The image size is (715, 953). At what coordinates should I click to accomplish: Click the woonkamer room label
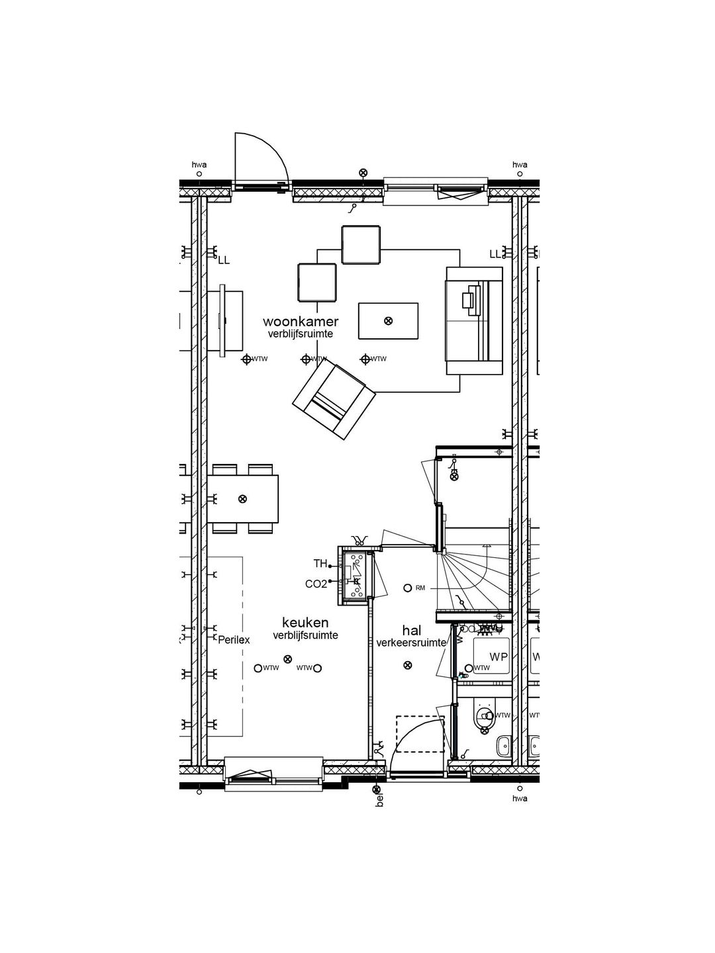301,322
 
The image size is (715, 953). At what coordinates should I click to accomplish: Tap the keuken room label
305,623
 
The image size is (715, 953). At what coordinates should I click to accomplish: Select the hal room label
411,631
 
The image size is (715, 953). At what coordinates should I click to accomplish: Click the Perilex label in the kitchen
234,640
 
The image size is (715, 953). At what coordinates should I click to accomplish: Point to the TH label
320,564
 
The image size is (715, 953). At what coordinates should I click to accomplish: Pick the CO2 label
316,584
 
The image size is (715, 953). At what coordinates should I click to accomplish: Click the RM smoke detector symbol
408,588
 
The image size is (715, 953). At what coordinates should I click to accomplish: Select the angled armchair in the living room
334,401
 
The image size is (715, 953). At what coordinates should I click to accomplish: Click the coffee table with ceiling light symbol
388,320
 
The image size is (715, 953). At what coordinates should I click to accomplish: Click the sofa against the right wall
474,321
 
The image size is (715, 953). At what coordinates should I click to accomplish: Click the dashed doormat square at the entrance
420,734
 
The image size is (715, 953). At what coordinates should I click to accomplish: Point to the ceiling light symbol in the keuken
287,658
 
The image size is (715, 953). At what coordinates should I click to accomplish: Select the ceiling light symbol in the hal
407,665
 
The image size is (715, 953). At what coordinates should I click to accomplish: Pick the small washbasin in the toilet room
503,746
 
